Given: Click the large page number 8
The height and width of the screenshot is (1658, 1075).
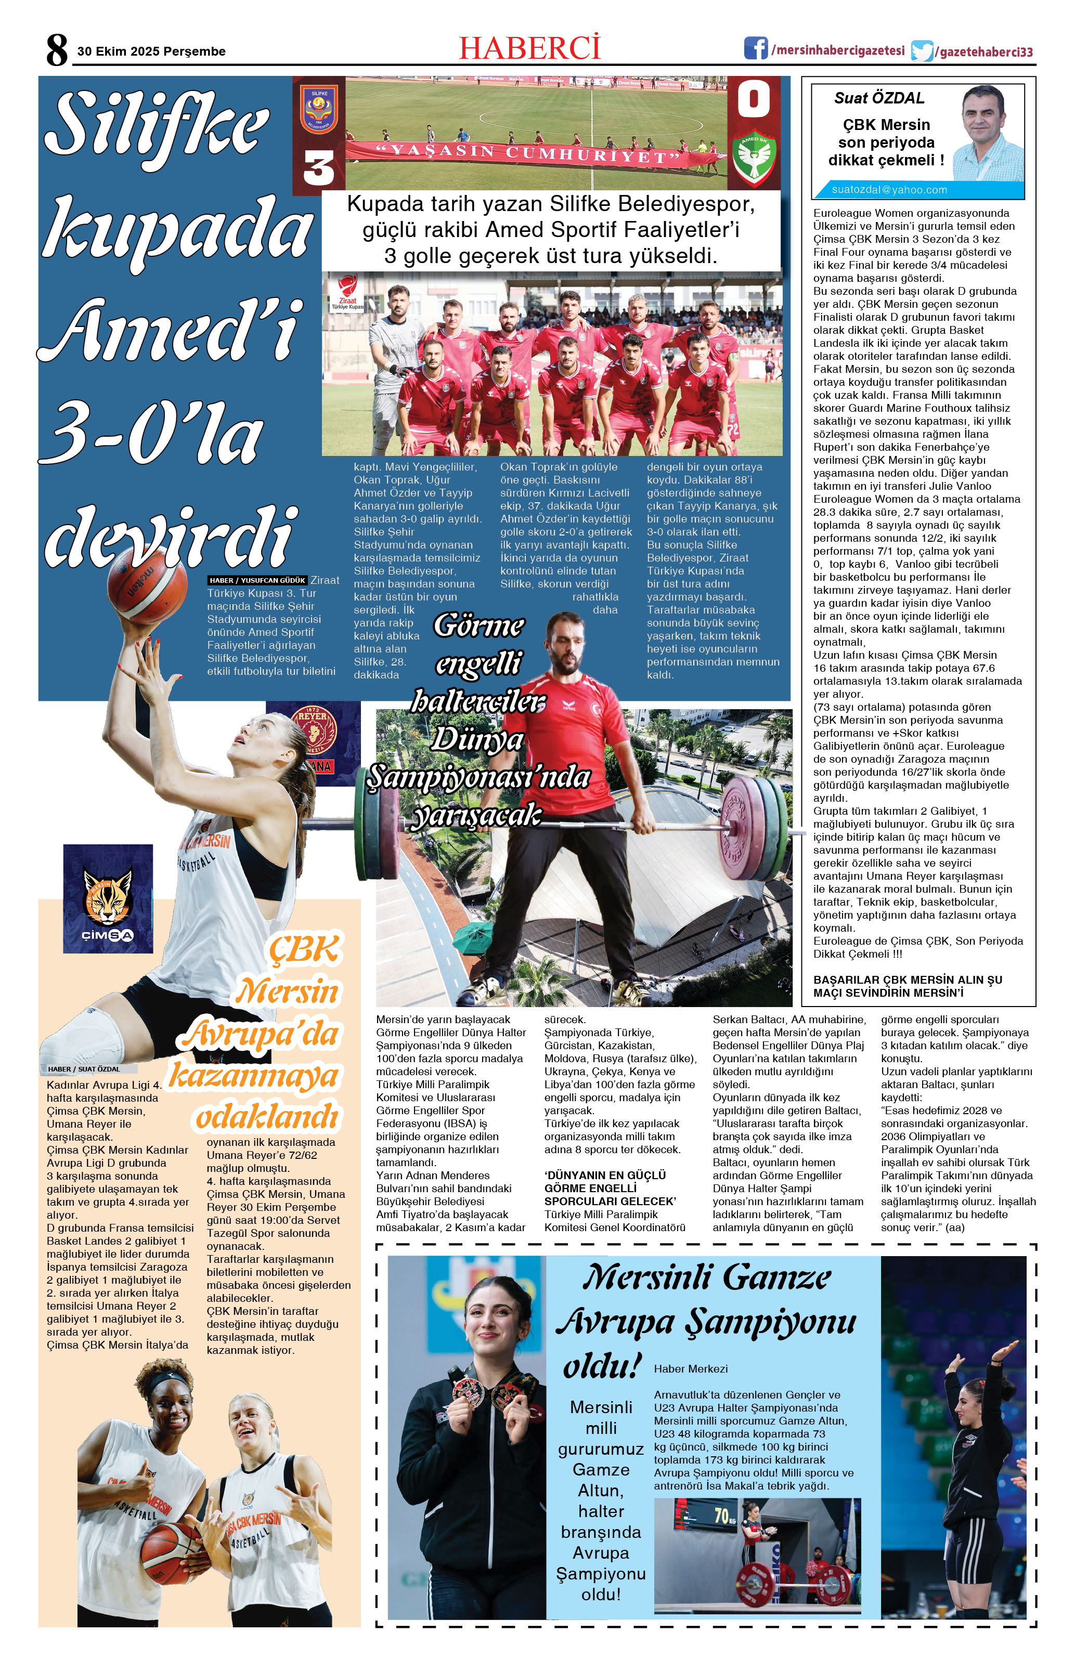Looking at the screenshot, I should click(57, 50).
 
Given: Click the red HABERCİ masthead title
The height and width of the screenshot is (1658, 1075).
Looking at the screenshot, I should click(529, 48).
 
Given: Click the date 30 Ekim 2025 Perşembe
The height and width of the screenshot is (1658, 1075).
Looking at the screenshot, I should click(151, 51).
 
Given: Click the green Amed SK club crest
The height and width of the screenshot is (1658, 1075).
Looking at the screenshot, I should click(753, 158).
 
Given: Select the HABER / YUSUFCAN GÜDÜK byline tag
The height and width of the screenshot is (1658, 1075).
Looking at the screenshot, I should click(257, 580).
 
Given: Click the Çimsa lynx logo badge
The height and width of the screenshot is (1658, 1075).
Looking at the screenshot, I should click(108, 898).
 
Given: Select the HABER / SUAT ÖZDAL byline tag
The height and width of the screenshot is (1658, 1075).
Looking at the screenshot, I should click(84, 1068).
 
